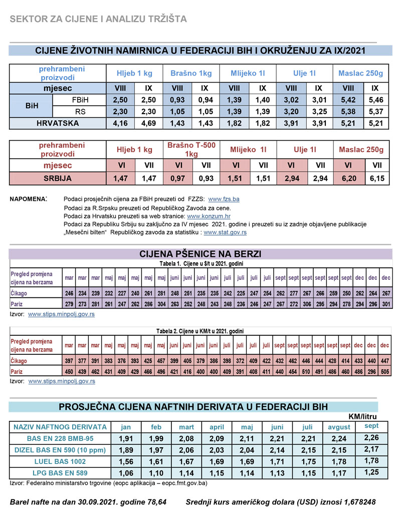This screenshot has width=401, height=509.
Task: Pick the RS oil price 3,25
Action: [319, 111]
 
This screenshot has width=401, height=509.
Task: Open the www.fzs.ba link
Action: [221, 199]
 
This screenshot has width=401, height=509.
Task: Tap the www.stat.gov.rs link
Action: [225, 232]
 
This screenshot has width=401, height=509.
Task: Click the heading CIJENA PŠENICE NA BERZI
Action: [200, 254]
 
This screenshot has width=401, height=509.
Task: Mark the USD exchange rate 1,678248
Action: [359, 500]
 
